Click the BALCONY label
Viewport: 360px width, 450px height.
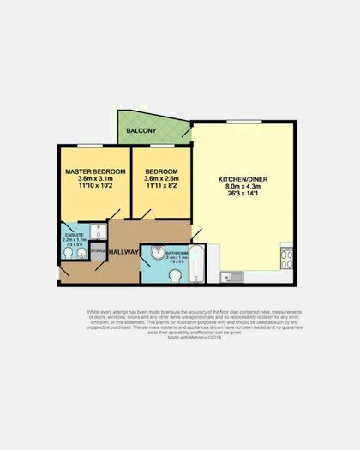141,131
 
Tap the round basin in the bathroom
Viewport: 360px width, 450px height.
157,252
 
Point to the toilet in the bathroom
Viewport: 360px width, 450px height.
176,274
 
